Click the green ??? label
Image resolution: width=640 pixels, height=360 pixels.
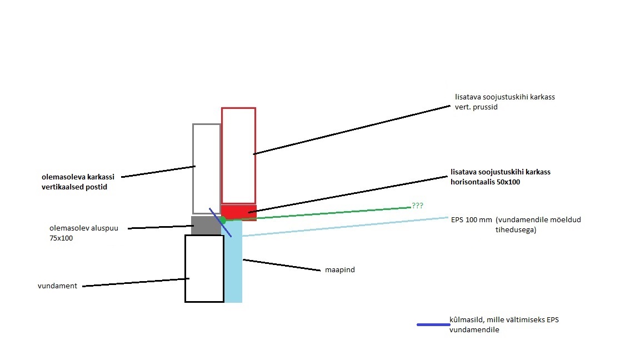coord(417,206)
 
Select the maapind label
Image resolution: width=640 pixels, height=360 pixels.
coord(339,270)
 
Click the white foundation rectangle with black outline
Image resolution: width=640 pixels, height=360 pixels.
coord(204,268)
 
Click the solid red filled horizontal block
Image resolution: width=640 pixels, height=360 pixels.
coord(239,212)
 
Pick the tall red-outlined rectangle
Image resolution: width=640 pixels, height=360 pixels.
coord(238,156)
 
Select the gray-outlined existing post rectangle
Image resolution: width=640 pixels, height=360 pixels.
coord(206,168)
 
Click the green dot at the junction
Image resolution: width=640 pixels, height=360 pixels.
coord(223,220)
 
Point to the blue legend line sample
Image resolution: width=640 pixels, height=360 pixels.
coord(433,324)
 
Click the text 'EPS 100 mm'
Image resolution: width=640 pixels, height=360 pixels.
coord(471,219)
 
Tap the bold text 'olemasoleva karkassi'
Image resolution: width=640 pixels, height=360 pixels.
coord(78,177)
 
